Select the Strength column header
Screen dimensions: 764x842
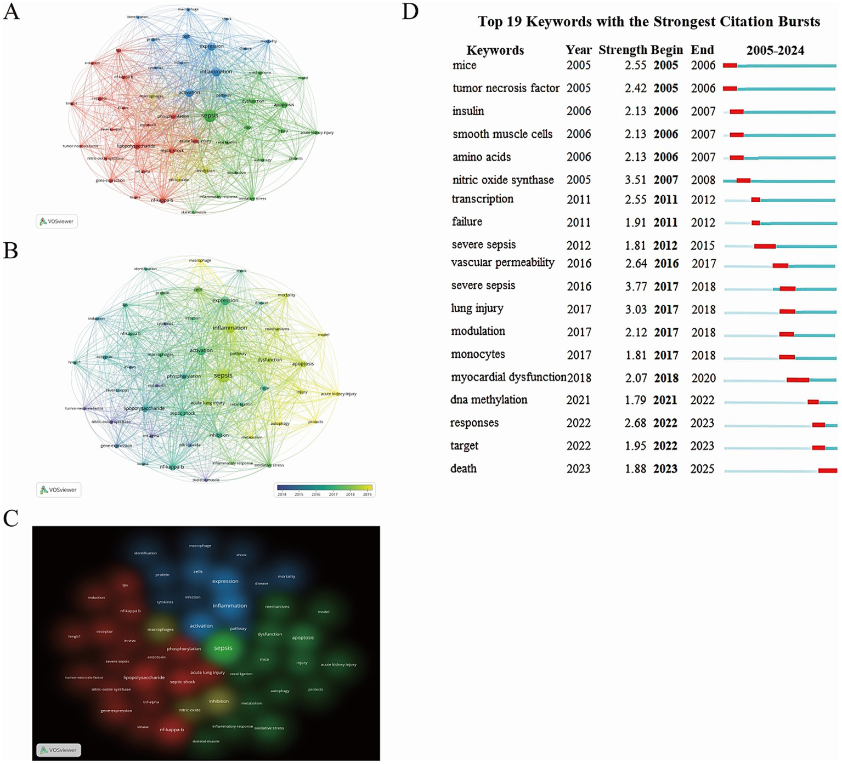tap(623, 50)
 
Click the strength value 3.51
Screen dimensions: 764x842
tap(636, 180)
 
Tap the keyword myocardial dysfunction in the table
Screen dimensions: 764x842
tap(508, 377)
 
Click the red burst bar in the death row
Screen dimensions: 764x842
tap(827, 470)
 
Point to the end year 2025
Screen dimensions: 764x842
tap(702, 469)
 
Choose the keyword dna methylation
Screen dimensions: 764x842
tap(489, 400)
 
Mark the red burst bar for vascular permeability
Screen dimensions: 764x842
tap(780, 266)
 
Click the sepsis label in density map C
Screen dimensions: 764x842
tap(223, 648)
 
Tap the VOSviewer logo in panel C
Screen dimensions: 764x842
tap(59, 750)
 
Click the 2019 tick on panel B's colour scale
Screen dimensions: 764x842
tap(367, 494)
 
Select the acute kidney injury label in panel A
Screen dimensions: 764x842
tap(317, 133)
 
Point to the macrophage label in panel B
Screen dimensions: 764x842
tap(200, 260)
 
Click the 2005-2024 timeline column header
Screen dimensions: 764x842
tap(775, 50)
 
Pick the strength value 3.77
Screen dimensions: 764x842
tap(636, 287)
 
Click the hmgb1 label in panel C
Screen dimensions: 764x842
tap(74, 636)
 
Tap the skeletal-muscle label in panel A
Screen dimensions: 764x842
tap(194, 212)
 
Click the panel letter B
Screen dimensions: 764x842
tap(11, 250)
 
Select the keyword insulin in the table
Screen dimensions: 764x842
tap(468, 111)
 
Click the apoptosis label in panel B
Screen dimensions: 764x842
tap(303, 363)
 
